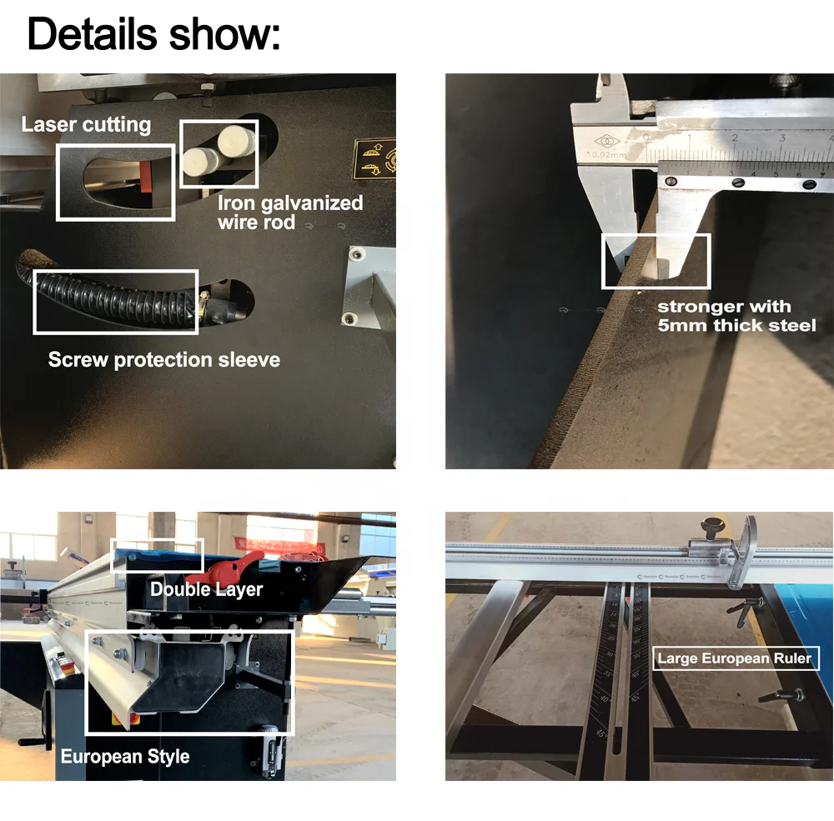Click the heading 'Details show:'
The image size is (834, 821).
[x=154, y=34]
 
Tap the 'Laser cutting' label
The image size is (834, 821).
[x=86, y=125]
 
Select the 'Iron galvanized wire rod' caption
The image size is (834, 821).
[x=289, y=212]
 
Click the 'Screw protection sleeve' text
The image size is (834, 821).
[x=163, y=360]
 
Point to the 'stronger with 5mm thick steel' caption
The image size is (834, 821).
[x=736, y=316]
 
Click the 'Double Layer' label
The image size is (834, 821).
[x=206, y=590]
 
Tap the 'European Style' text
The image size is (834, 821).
[x=125, y=757]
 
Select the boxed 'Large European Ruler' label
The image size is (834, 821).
[x=734, y=658]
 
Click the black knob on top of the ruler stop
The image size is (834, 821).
[x=712, y=527]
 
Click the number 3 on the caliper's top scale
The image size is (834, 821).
[x=781, y=138]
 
